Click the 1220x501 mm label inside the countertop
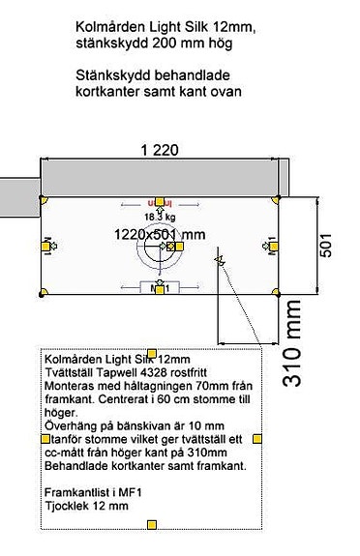(x=159, y=234)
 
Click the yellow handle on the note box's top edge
(x=151, y=352)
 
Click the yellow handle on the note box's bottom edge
(x=152, y=525)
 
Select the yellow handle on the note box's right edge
(x=257, y=439)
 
